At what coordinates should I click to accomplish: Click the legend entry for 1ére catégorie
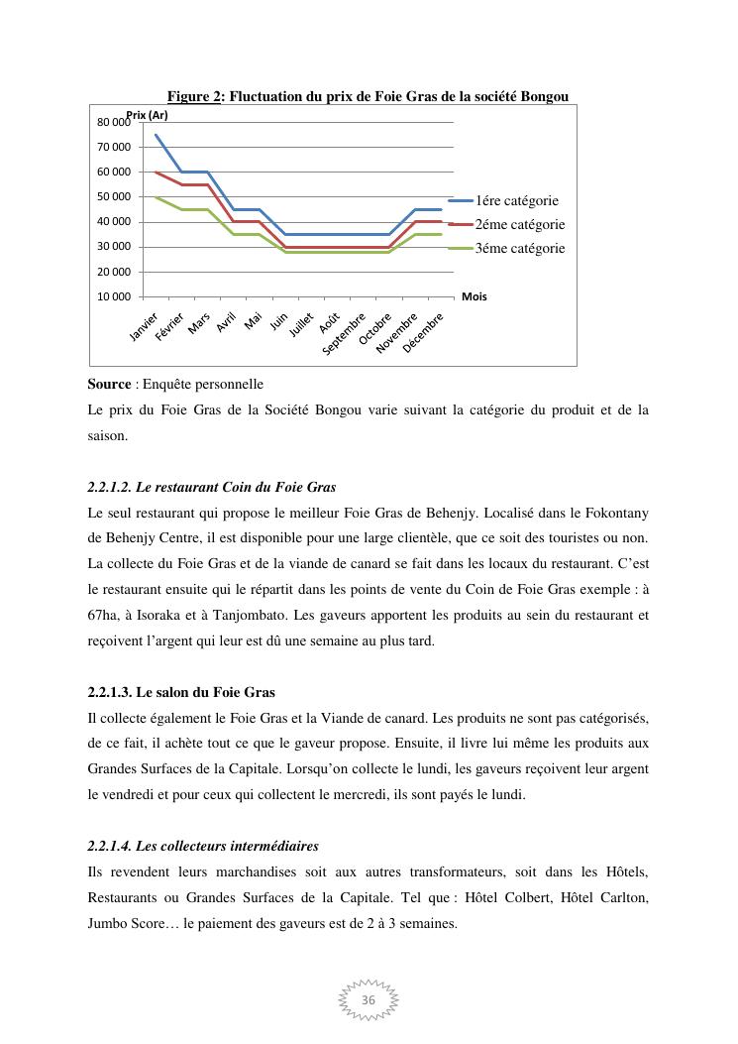click(x=516, y=200)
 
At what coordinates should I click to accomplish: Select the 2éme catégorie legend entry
click(x=519, y=224)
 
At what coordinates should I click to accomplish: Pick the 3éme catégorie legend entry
click(x=519, y=248)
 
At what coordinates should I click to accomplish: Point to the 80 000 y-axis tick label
click(x=114, y=123)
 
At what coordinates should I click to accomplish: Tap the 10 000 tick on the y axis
click(x=114, y=296)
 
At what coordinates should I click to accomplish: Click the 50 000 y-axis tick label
click(x=114, y=197)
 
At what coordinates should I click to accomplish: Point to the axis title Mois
click(x=474, y=296)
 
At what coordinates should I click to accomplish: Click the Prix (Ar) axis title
click(x=147, y=115)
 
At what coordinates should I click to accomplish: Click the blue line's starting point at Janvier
click(x=156, y=135)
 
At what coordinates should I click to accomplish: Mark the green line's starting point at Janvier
click(x=156, y=197)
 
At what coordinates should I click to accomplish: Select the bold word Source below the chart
click(x=109, y=384)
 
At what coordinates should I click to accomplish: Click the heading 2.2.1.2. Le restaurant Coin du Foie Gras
click(x=212, y=487)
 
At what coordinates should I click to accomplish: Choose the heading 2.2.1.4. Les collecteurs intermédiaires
click(x=203, y=846)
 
